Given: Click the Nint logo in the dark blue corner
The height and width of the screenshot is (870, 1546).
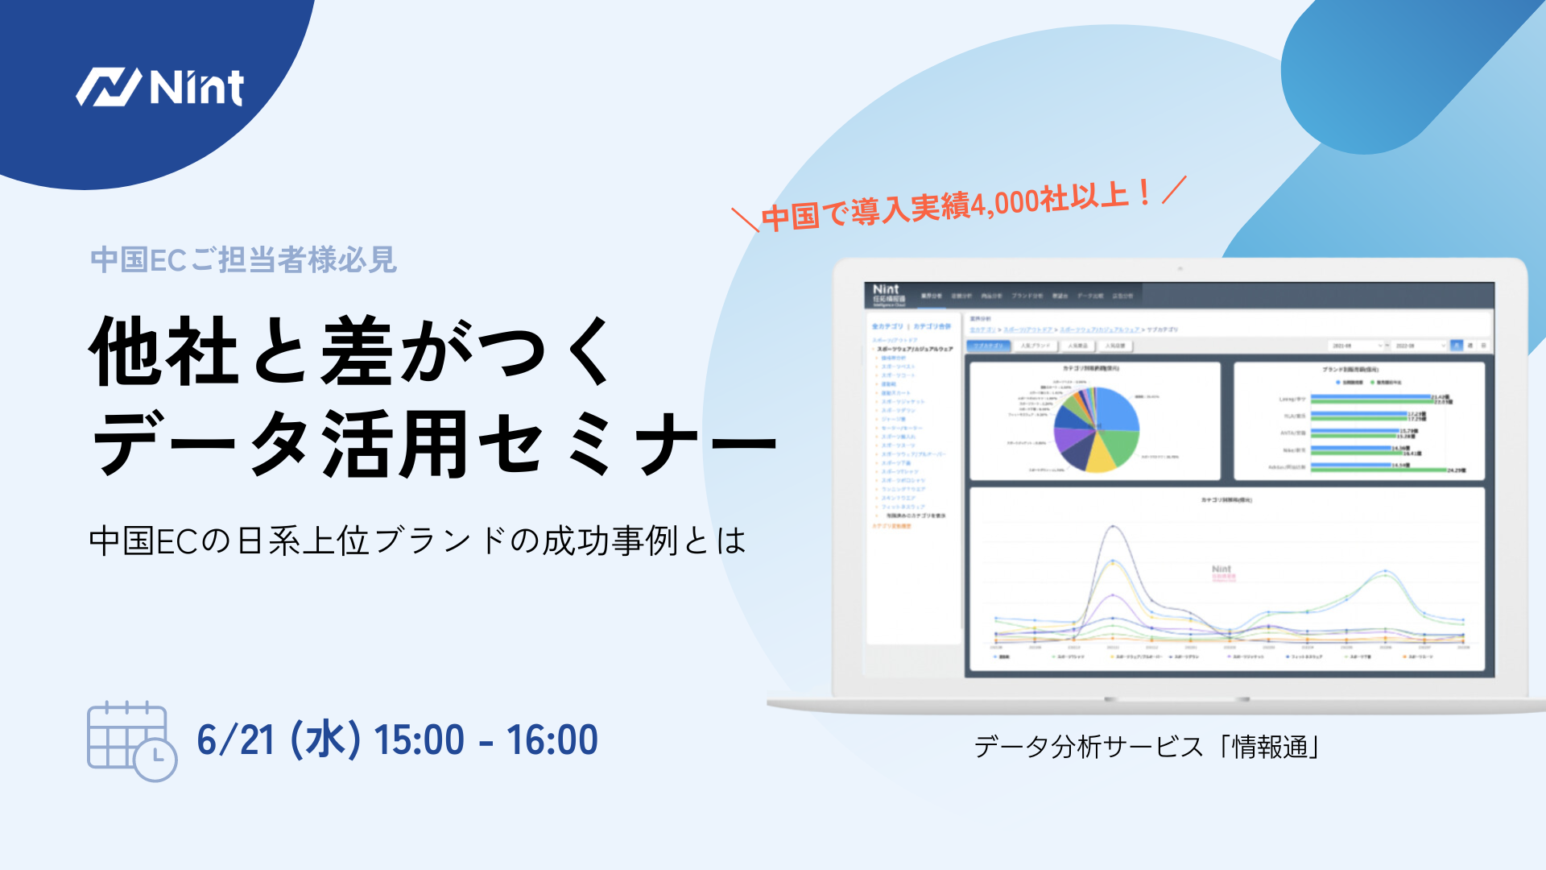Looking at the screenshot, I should click(159, 87).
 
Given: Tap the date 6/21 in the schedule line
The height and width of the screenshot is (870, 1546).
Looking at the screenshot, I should click(236, 739).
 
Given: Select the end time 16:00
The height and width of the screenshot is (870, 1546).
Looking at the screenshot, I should click(552, 739).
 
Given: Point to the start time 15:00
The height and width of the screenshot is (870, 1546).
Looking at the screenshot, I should click(420, 739).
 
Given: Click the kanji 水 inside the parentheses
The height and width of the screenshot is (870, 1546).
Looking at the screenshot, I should click(325, 739).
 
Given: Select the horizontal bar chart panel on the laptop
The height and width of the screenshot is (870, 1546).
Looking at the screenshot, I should click(1358, 421).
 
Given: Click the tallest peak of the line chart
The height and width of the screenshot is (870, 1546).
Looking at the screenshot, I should click(1114, 528).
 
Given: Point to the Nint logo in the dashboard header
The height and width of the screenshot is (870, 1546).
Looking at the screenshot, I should click(886, 289).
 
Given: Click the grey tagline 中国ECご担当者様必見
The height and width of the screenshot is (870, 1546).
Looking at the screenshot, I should click(243, 260).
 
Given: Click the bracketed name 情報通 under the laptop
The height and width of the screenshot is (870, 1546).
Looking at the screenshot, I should click(1270, 747).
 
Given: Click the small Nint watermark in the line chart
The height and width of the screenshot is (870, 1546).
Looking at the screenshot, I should click(1222, 570).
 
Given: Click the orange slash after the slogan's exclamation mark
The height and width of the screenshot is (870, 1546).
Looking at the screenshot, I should click(1175, 189).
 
